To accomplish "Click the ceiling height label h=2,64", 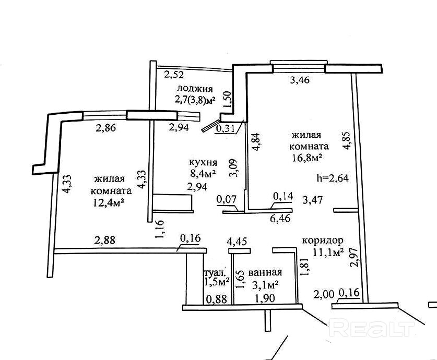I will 333,177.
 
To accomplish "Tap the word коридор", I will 322,241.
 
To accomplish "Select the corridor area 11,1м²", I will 328,253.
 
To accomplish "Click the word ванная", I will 265,272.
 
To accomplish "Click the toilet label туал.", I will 214,273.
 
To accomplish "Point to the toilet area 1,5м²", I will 217,282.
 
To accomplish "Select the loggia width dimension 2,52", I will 174,75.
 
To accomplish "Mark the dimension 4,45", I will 237,241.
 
